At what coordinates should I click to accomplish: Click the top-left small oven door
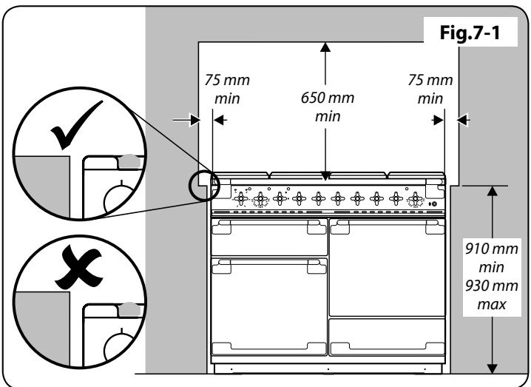[x=269, y=238]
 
